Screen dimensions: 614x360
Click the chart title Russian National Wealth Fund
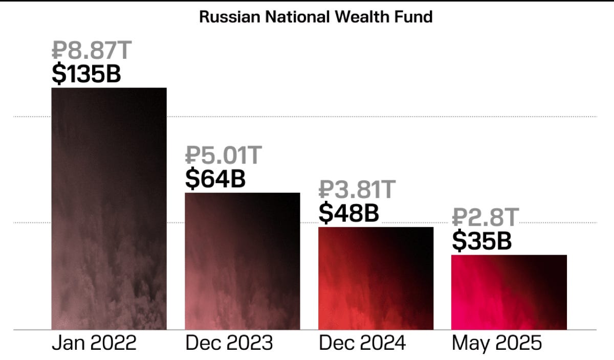click(316, 17)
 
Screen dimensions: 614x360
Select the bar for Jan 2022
click(109, 209)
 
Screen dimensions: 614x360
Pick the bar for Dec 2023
click(243, 261)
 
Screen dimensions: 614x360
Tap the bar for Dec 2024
click(376, 278)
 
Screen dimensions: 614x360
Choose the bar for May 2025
click(509, 292)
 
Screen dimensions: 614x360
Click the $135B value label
click(86, 74)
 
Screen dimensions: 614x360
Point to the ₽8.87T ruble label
click(92, 50)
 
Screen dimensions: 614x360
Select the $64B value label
click(215, 178)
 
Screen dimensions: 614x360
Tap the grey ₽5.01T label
click(224, 155)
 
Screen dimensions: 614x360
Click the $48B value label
click(348, 213)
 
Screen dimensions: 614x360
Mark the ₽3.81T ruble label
click(357, 189)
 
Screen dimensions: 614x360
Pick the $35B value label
click(481, 241)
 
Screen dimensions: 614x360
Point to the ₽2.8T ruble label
click(486, 217)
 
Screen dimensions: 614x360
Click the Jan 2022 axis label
click(94, 343)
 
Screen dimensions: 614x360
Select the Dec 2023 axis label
click(229, 343)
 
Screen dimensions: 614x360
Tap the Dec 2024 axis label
click(362, 343)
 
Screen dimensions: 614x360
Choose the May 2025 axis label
click(497, 343)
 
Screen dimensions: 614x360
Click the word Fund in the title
click(413, 17)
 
